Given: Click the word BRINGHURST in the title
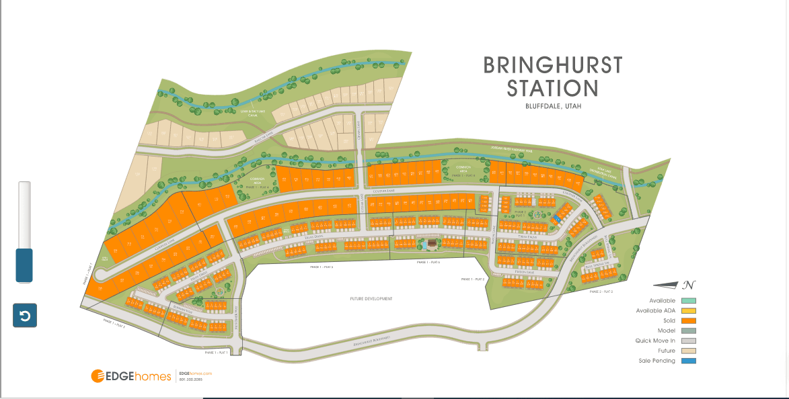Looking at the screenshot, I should pos(553,65).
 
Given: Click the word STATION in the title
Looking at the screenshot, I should pos(552,89).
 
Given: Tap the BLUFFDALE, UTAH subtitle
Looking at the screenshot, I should pos(552,106).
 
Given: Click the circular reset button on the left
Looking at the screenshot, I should pos(25,316).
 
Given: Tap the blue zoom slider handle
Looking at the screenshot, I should pos(24,265).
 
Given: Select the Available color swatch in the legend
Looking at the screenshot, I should pos(688,300).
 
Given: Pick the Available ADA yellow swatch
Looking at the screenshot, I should pos(688,310).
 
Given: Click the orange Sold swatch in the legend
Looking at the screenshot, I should pos(688,320).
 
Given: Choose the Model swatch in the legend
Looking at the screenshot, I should pos(688,330).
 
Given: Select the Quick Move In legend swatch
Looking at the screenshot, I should pos(688,341).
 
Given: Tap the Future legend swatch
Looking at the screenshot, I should pos(688,351).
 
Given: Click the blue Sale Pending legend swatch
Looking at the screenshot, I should pos(688,361).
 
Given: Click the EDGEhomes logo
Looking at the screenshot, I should pos(131,376).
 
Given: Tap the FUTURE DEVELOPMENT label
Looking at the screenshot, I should pos(371,298).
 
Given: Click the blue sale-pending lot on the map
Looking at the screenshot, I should pos(558,219).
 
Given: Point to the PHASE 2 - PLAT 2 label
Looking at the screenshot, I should pos(601,292).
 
